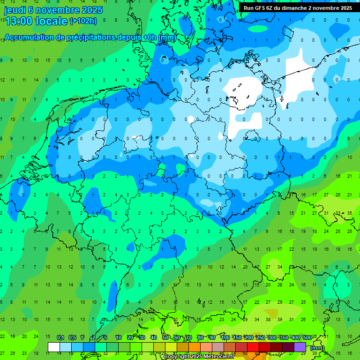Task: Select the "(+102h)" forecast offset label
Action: pyautogui.click(x=83, y=21)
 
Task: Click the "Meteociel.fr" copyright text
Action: pyautogui.click(x=216, y=357)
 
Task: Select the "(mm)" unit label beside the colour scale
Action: pyautogui.click(x=317, y=348)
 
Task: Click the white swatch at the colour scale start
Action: pyautogui.click(x=54, y=347)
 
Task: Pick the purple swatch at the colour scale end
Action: pyautogui.click(x=300, y=347)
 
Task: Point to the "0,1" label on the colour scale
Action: pyautogui.click(x=60, y=338)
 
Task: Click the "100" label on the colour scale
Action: pyautogui.click(x=225, y=338)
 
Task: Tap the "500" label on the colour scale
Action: pyautogui.click(x=307, y=338)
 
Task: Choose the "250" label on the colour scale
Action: pyautogui.click(x=260, y=338)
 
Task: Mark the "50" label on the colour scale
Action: pyautogui.click(x=165, y=338)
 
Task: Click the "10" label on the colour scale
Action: pyautogui.click(x=119, y=338)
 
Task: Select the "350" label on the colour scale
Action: pyautogui.click(x=284, y=338)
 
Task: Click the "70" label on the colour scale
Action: pyautogui.click(x=189, y=338)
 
